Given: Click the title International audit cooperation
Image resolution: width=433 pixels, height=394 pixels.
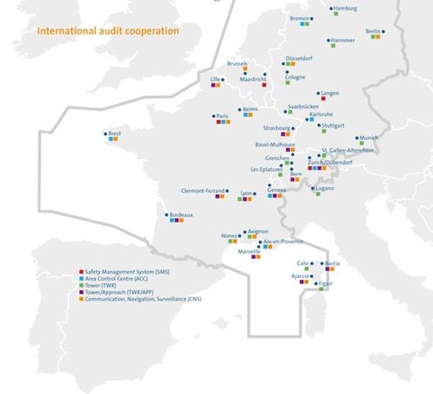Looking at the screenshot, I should coord(107,30).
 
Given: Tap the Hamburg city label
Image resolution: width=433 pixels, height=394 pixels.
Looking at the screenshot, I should coord(345,9).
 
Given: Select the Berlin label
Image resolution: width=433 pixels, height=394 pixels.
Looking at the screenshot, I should coord(374,31).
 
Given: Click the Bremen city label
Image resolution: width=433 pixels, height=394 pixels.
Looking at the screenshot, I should coord(300,18).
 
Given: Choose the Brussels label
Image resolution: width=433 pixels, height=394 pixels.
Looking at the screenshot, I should coord(237,63).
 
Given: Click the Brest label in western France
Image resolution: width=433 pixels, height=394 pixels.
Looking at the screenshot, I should coord(114,133).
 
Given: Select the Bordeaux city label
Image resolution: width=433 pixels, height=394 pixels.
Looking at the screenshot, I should coord(181,214).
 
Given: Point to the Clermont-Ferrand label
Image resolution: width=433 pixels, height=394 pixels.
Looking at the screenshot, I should coord(203,190).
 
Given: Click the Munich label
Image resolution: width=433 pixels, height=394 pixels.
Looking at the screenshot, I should coord(369,138).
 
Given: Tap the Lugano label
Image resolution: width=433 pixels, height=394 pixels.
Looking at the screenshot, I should coord(324,188).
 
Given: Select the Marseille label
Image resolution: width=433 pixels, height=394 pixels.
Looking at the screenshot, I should coord(249,250).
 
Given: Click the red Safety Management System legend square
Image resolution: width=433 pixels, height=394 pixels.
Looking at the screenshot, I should coord(81,272).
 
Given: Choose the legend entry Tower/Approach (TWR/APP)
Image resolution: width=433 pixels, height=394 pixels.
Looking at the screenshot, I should coord(121,293).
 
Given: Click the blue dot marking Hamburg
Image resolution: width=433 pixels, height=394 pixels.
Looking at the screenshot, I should coord(330,10).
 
